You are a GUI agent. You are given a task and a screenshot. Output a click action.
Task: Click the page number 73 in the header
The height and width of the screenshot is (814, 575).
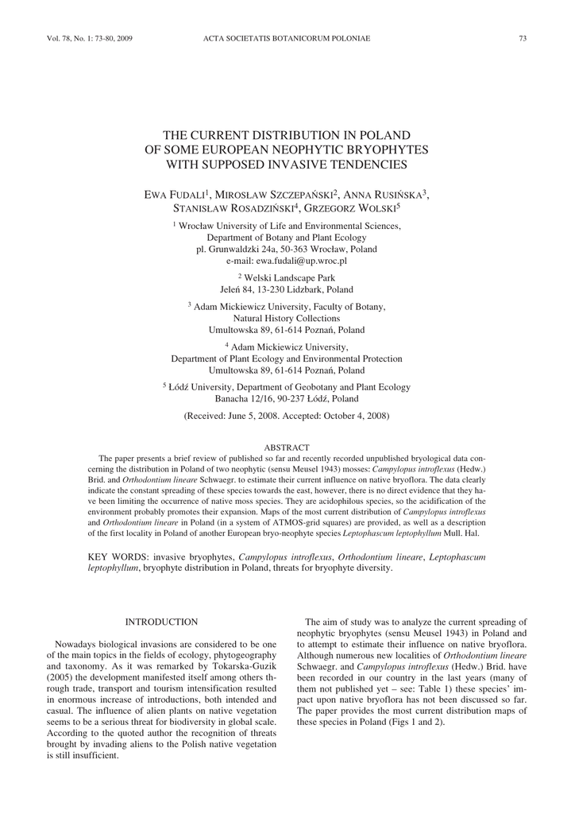pos(523,38)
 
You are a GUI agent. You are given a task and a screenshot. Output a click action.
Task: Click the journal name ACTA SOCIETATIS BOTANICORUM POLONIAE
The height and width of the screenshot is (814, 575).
pos(287,38)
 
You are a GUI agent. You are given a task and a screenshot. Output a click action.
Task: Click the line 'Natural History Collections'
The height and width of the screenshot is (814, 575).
pos(287,317)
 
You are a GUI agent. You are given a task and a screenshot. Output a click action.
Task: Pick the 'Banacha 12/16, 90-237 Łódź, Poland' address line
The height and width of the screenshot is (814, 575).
pos(287,398)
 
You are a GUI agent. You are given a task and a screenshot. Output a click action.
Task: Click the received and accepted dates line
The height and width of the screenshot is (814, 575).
pos(287,416)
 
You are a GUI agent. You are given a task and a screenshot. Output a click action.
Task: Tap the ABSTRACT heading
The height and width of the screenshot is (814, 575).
pos(287,448)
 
